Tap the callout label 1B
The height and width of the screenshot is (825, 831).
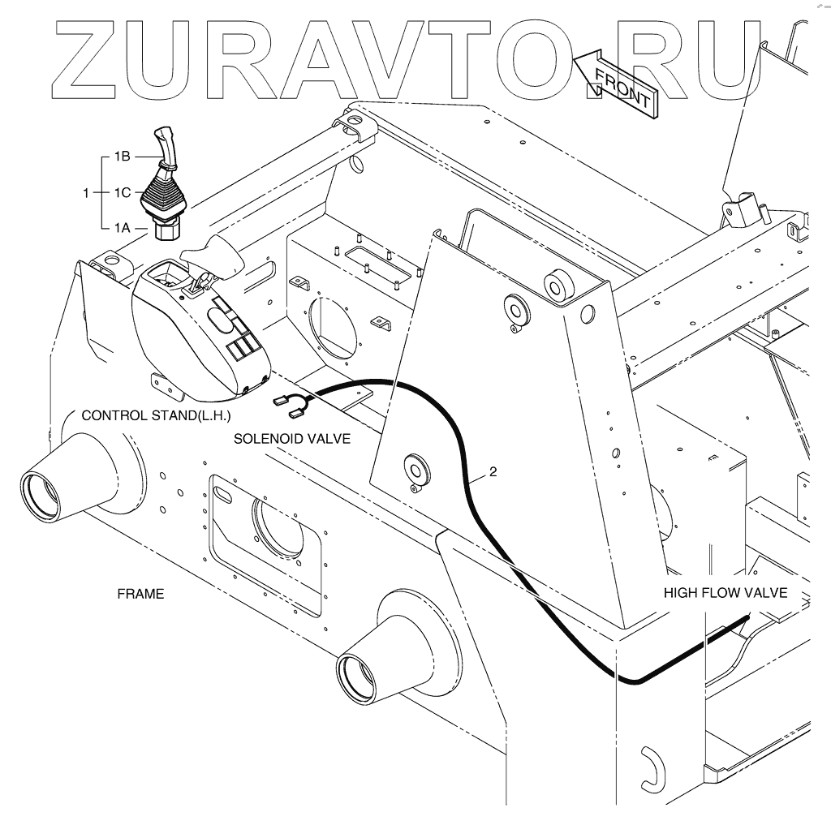pyautogui.click(x=123, y=155)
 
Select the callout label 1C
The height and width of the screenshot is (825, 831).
pyautogui.click(x=123, y=193)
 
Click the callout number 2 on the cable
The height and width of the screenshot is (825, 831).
pyautogui.click(x=491, y=471)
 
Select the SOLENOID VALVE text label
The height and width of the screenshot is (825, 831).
pyautogui.click(x=292, y=439)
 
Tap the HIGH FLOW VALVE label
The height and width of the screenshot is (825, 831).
pyautogui.click(x=726, y=592)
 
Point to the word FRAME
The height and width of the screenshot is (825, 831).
pyautogui.click(x=140, y=594)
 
